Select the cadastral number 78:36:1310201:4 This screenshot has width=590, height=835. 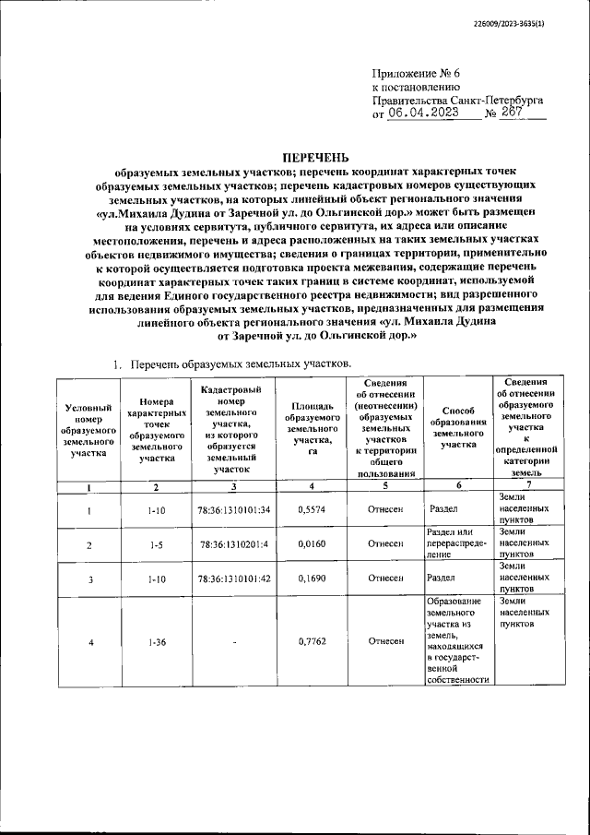tap(234, 544)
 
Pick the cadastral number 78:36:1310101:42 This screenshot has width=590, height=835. tap(234, 579)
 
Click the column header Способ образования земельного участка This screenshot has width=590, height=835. tap(457, 427)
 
